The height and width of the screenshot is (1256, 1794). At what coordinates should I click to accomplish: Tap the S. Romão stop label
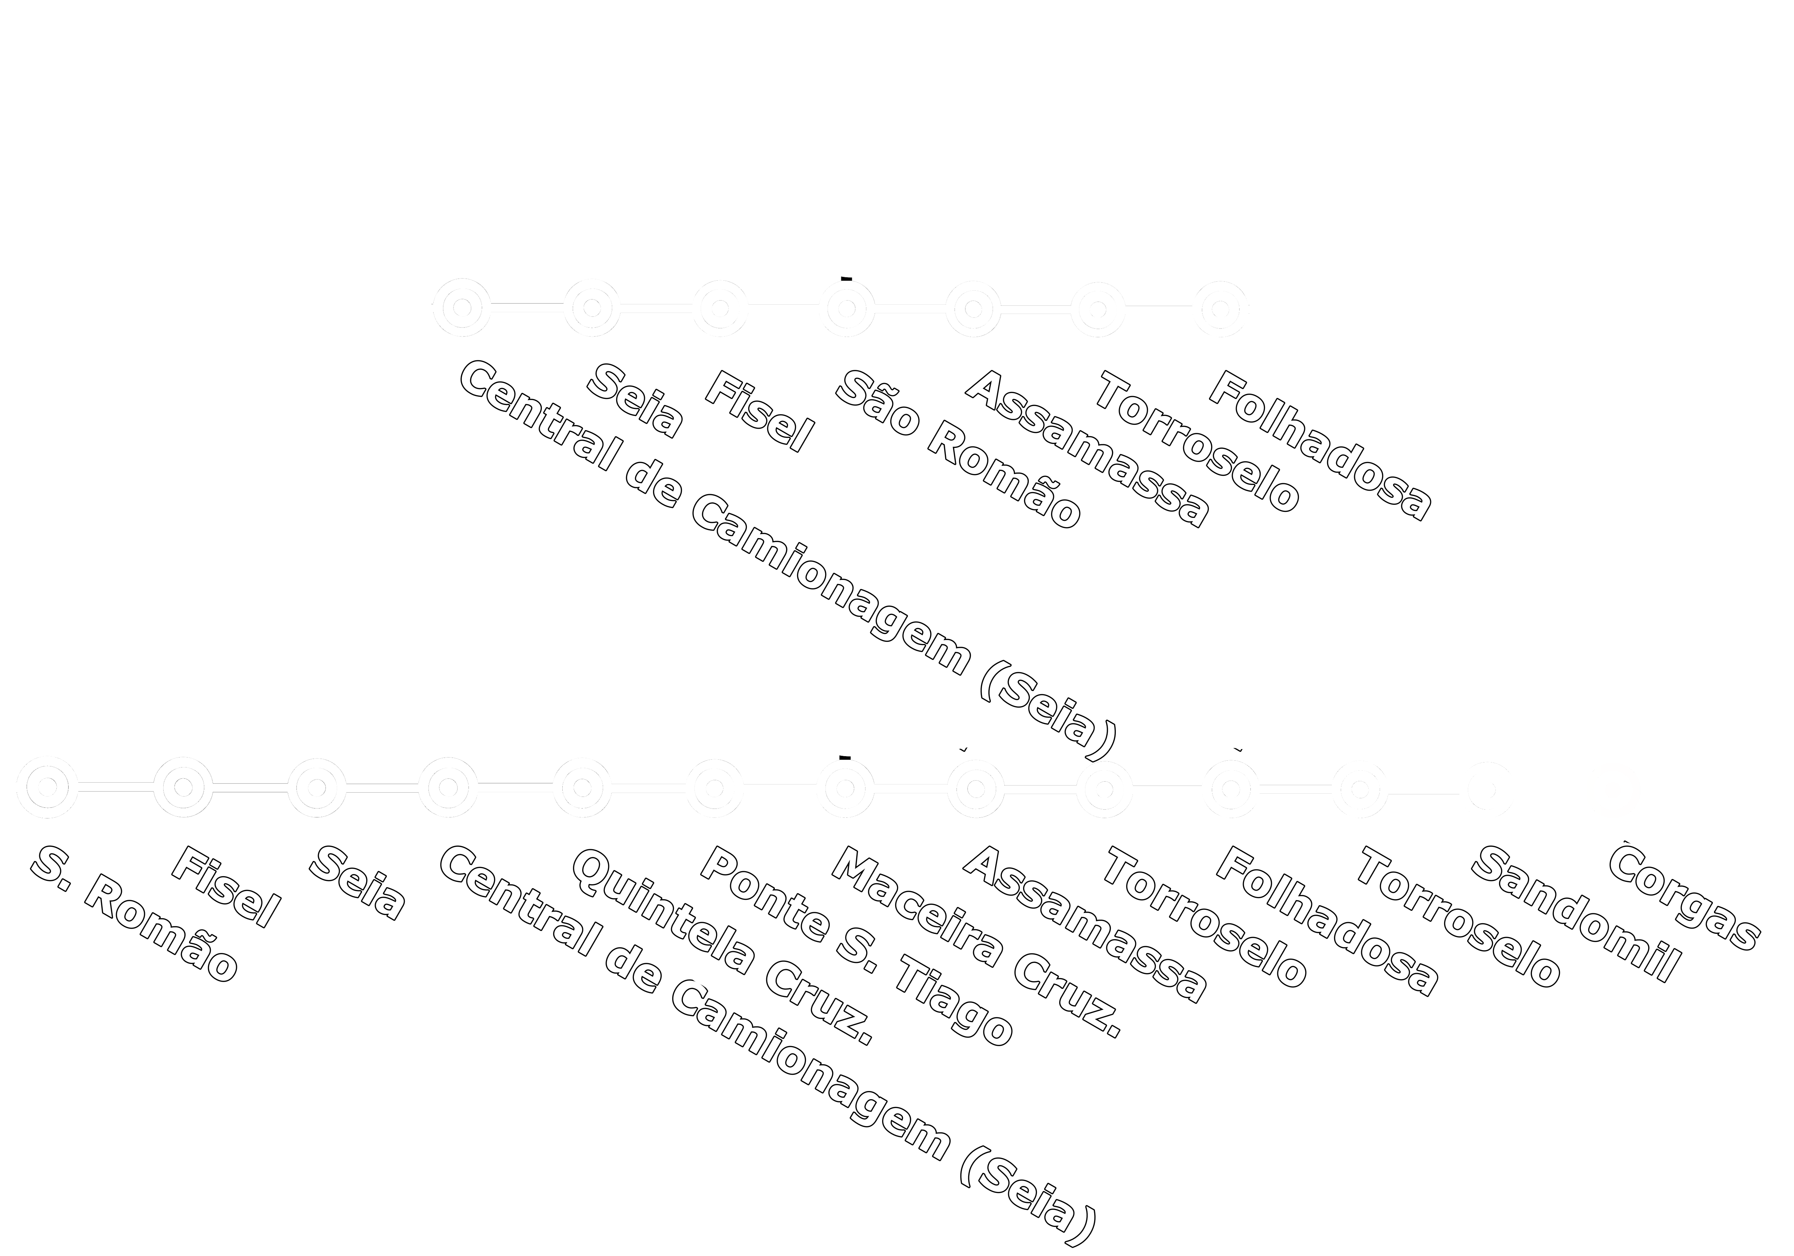coord(134,914)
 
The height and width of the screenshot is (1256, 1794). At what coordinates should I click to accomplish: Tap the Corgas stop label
coord(1684,898)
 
